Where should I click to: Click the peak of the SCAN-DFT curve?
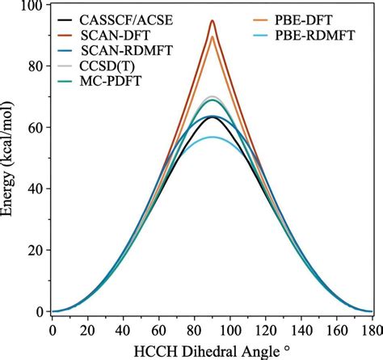[x=213, y=21]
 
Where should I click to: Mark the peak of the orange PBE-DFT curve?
[x=213, y=36]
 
